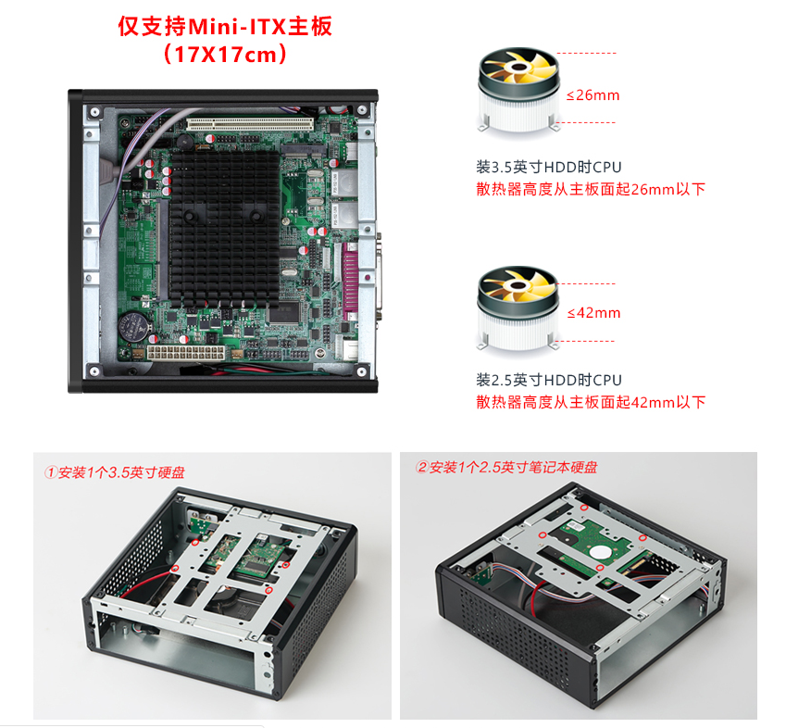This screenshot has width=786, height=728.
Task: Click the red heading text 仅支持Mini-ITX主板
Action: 225,26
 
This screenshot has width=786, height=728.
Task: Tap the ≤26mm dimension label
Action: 593,95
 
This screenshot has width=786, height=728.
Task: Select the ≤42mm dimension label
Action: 593,313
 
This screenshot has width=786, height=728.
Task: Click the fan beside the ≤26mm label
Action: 518,90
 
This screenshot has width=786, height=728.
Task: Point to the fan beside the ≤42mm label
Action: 518,308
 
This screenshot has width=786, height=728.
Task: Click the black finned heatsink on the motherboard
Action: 225,228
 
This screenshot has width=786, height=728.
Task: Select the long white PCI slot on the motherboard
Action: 250,124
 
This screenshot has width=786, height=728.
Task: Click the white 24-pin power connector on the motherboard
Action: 186,352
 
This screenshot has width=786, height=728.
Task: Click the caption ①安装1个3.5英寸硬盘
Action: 114,472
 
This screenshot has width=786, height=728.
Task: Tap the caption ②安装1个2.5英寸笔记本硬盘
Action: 506,468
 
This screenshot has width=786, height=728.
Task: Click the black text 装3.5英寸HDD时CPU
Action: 549,167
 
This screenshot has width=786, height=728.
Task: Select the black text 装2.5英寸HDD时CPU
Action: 549,380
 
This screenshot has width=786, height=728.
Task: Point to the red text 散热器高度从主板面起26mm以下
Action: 591,189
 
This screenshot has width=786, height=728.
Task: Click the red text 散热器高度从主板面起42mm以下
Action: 591,402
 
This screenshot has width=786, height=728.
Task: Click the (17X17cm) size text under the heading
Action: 225,54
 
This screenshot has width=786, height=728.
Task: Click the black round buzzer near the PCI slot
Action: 186,143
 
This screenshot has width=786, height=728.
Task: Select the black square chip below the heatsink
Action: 283,313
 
